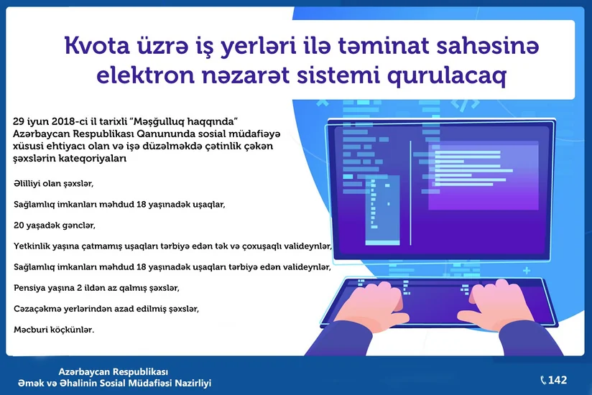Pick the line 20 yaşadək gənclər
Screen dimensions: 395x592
(x=55, y=226)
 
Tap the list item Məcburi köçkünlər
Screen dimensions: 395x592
(x=54, y=329)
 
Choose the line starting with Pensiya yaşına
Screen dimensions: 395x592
(x=96, y=287)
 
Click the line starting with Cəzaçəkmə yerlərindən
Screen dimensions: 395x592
(x=106, y=308)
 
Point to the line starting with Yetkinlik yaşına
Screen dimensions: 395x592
(x=172, y=246)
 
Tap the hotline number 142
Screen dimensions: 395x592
(x=558, y=380)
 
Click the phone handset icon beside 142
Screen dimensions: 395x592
(x=543, y=380)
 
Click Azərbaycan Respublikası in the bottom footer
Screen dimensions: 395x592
(x=113, y=372)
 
